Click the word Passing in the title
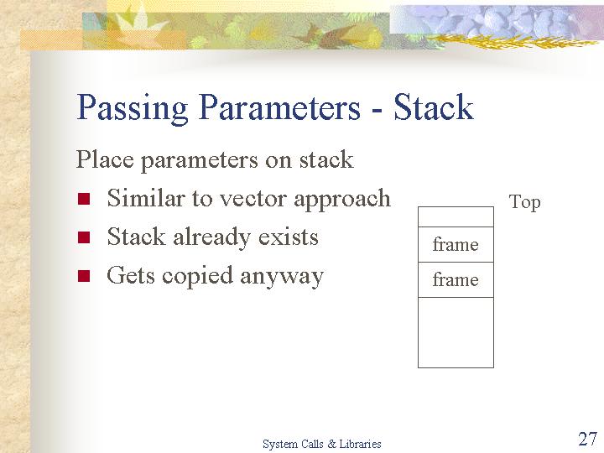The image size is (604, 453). (133, 108)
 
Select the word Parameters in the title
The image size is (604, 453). (280, 107)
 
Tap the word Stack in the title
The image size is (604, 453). (433, 107)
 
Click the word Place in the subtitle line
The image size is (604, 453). (105, 159)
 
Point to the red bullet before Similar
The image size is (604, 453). (84, 199)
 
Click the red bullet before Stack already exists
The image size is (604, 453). (84, 237)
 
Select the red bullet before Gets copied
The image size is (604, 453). (84, 276)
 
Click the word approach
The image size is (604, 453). (342, 200)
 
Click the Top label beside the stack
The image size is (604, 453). (524, 203)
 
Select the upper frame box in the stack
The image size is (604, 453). (456, 245)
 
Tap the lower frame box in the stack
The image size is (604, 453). (456, 279)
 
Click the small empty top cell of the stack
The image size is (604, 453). (456, 217)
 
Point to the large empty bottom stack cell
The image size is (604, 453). (456, 332)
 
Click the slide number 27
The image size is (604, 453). (587, 439)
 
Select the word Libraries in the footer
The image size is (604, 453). (360, 444)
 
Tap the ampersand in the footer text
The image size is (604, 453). (331, 444)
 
